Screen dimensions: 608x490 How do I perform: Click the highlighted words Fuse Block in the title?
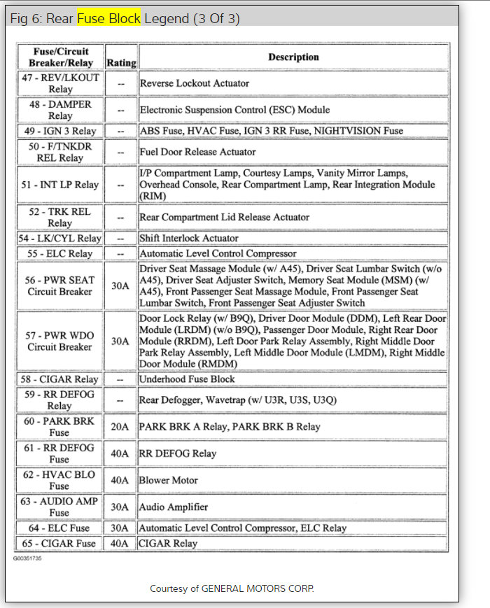pyautogui.click(x=108, y=18)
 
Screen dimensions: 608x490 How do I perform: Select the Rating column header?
pyautogui.click(x=121, y=62)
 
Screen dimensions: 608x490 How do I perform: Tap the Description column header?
pyautogui.click(x=293, y=57)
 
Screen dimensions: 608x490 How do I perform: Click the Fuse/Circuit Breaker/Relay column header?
pyautogui.click(x=60, y=57)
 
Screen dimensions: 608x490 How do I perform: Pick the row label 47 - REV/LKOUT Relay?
pyautogui.click(x=60, y=83)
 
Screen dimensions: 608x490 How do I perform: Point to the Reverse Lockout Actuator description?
pyautogui.click(x=195, y=83)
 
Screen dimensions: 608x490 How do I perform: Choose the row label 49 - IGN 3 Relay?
pyautogui.click(x=60, y=131)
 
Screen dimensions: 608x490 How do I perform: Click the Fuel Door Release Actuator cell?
pyautogui.click(x=198, y=152)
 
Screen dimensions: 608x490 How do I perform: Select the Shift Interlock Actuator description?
pyautogui.click(x=189, y=238)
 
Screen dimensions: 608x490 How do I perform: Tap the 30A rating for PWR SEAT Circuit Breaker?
pyautogui.click(x=121, y=285)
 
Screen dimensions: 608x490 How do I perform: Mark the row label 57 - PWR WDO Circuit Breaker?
pyautogui.click(x=60, y=341)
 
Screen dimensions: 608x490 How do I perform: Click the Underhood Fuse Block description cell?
pyautogui.click(x=188, y=379)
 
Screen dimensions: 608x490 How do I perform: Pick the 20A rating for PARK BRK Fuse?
pyautogui.click(x=121, y=427)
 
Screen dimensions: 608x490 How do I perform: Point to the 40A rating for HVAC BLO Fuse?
pyautogui.click(x=121, y=480)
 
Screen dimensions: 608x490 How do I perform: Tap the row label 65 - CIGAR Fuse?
pyautogui.click(x=60, y=543)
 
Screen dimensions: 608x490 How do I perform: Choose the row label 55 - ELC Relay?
pyautogui.click(x=60, y=253)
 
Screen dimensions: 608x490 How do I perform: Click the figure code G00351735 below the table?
pyautogui.click(x=27, y=558)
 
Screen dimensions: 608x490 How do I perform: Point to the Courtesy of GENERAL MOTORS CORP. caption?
pyautogui.click(x=232, y=588)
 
